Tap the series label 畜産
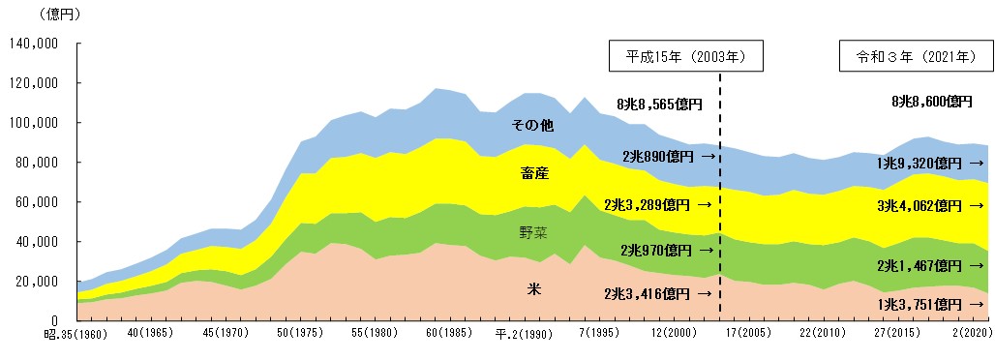tap(534, 174)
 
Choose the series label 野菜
tap(534, 233)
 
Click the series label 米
tap(533, 287)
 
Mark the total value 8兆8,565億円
tap(659, 103)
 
